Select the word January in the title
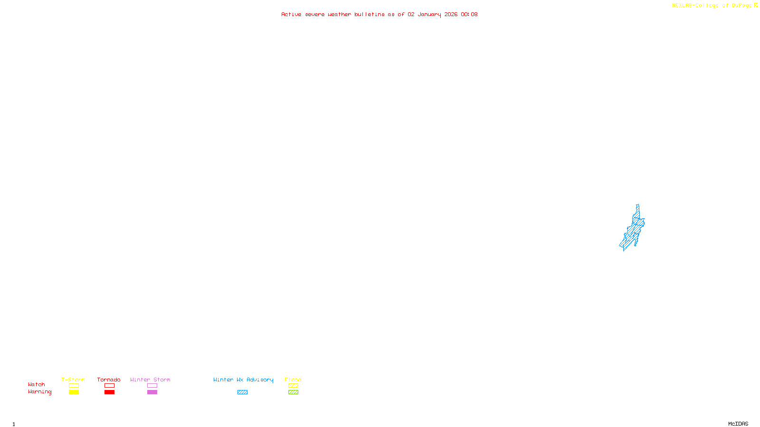pos(429,14)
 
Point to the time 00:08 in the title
pos(469,14)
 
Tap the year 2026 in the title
pos(451,14)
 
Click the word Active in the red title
pos(291,14)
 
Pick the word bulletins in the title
pos(369,14)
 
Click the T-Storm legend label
pos(73,380)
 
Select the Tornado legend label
pos(109,380)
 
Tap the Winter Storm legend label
pos(150,380)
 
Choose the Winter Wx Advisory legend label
pos(243,380)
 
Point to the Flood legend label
pos(293,380)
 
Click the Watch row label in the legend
pos(37,384)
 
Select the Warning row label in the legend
pos(39,392)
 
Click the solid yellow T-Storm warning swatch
pos(74,392)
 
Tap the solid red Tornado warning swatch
pos(109,392)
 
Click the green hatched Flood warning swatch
pos(293,392)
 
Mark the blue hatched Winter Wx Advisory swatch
pos(242,392)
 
